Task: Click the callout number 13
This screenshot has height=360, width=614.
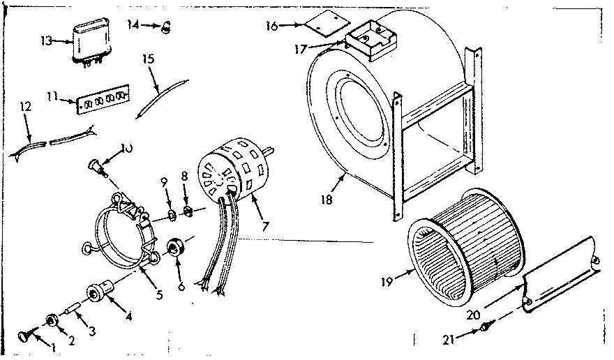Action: click(46, 41)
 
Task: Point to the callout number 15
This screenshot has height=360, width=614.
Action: click(148, 59)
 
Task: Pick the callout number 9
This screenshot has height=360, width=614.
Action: click(165, 182)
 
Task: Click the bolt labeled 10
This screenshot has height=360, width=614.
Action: click(95, 165)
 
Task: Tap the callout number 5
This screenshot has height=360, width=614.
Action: click(160, 294)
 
